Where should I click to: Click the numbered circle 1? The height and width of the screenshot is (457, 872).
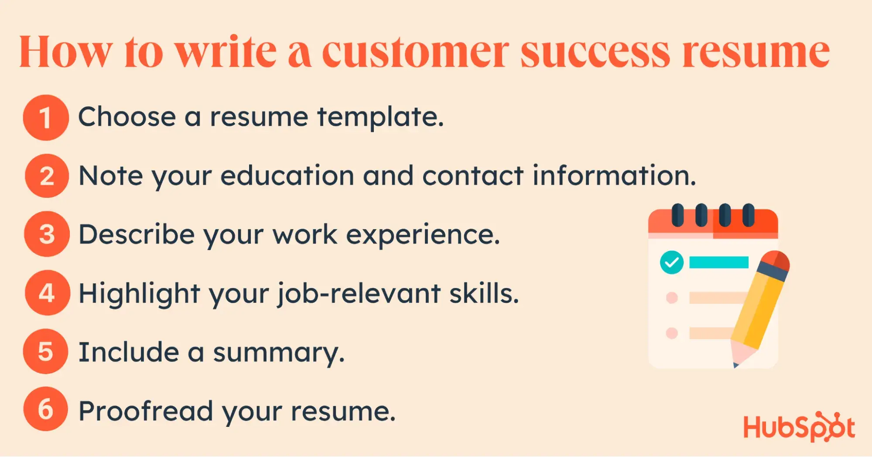pyautogui.click(x=46, y=117)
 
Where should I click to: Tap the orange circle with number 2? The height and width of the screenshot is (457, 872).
pyautogui.click(x=47, y=176)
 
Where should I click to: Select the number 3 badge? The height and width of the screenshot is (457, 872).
pyautogui.click(x=47, y=234)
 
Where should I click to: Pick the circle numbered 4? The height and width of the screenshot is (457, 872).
pyautogui.click(x=47, y=292)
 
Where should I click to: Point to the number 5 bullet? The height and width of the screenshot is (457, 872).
pyautogui.click(x=46, y=351)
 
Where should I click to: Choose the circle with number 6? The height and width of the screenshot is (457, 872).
pyautogui.click(x=46, y=409)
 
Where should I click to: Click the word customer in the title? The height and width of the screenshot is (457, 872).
pyautogui.click(x=416, y=52)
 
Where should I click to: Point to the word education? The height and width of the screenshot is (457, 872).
pyautogui.click(x=287, y=175)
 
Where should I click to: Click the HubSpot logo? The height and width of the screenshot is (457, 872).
pyautogui.click(x=799, y=427)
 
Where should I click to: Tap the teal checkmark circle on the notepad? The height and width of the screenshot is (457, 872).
pyautogui.click(x=672, y=262)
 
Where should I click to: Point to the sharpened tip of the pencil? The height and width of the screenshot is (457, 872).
pyautogui.click(x=736, y=365)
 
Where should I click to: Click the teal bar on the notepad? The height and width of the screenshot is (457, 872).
pyautogui.click(x=719, y=262)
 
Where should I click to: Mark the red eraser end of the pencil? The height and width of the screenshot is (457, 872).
pyautogui.click(x=776, y=260)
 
